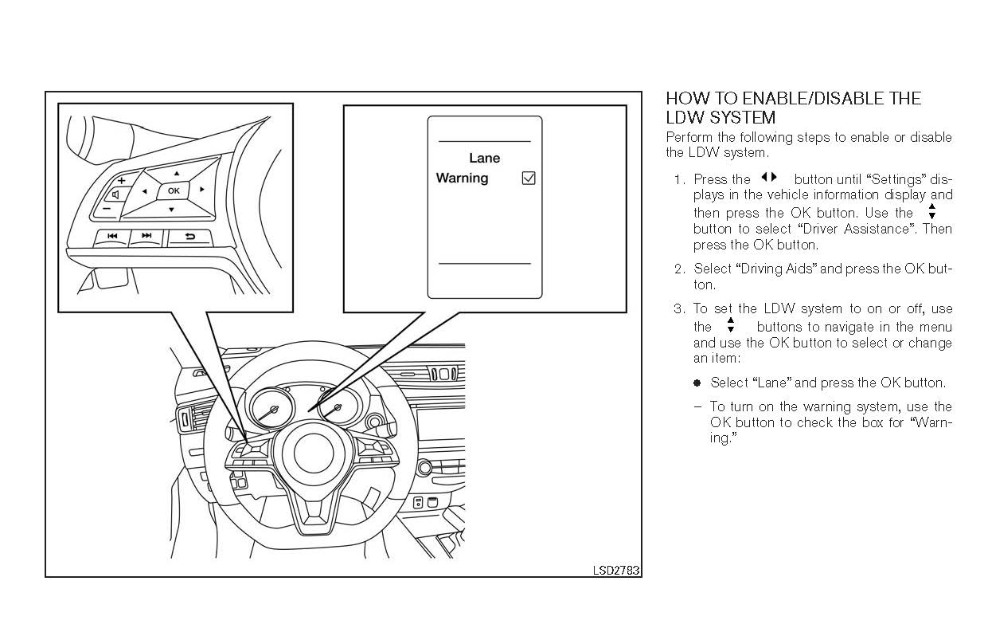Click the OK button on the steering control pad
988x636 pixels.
tap(174, 191)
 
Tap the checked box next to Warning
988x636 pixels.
tap(528, 179)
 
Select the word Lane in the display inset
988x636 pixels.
tap(484, 159)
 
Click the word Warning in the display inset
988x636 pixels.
tap(462, 179)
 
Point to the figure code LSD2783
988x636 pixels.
tap(616, 571)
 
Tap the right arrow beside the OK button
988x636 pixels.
tap(203, 190)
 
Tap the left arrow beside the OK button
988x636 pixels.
tap(144, 191)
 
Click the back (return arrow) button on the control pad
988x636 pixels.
tap(189, 237)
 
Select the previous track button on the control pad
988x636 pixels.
tap(112, 237)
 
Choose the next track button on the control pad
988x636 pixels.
tap(146, 237)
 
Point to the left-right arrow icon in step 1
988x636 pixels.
tap(768, 178)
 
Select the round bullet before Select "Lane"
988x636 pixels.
tap(697, 383)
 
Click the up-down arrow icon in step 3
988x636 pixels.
tap(730, 325)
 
